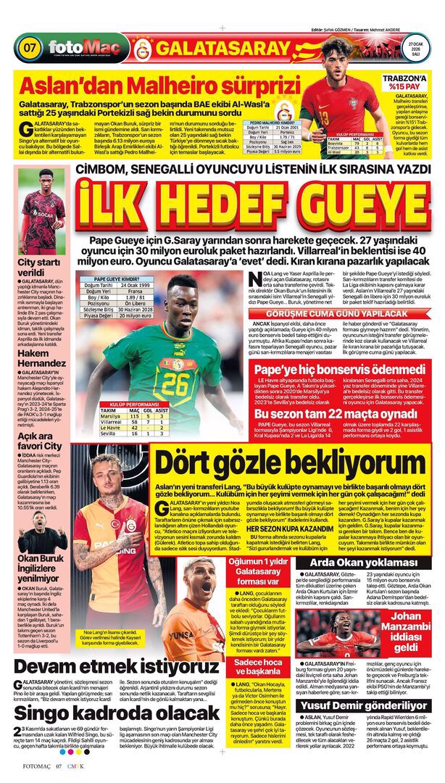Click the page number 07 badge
(x=30, y=49)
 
